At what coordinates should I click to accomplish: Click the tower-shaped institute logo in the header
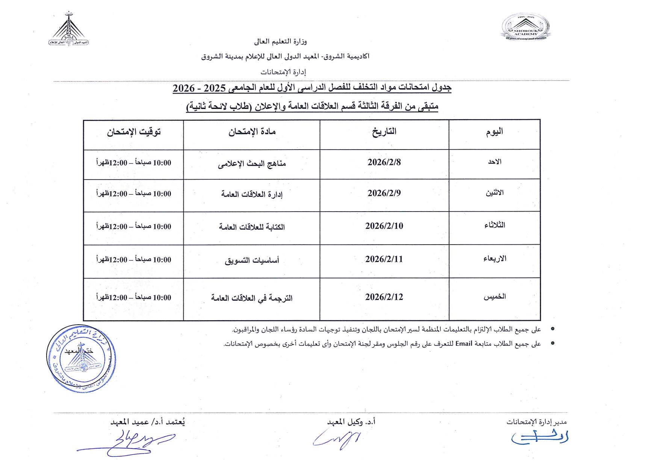(68, 29)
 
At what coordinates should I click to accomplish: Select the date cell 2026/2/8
(384, 162)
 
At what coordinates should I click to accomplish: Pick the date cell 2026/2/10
(384, 226)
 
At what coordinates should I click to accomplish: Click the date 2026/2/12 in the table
(384, 297)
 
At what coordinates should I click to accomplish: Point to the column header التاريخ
(384, 132)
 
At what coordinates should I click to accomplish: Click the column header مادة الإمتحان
(252, 132)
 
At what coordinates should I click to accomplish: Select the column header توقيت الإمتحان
(134, 132)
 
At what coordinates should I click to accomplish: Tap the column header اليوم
(494, 132)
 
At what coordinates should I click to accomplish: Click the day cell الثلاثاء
(494, 225)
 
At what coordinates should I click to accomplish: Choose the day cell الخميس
(494, 297)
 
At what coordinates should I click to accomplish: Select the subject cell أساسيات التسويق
(252, 260)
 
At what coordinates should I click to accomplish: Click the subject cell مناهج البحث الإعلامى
(252, 164)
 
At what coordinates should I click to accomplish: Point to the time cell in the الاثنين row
(134, 194)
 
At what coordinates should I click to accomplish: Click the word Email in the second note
(463, 343)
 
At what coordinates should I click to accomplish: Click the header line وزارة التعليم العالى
(280, 41)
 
